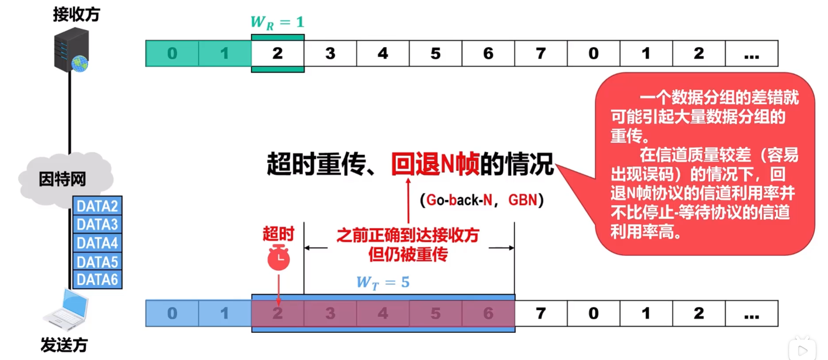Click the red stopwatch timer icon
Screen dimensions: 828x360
[x=278, y=257]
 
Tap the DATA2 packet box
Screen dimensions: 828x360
[x=97, y=206]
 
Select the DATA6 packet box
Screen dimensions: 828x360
[x=97, y=279]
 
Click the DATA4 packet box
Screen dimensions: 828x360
[x=97, y=243]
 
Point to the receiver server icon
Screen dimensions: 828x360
[x=71, y=50]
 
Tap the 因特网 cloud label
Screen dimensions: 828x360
[x=62, y=179]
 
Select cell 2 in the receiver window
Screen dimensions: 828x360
[x=278, y=53]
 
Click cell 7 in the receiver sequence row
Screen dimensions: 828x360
[x=541, y=53]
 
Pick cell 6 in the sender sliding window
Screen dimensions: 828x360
[x=488, y=313]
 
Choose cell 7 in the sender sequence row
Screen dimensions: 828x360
[x=541, y=313]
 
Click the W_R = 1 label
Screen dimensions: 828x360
[x=277, y=23]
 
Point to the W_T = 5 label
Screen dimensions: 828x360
[x=383, y=283]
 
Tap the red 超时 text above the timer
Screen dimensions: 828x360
[x=278, y=234]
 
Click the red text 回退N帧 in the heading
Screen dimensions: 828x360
[x=435, y=164]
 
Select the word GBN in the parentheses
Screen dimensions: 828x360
[x=523, y=200]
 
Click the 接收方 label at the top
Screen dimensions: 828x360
[x=76, y=15]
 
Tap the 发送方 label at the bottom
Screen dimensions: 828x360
[x=64, y=345]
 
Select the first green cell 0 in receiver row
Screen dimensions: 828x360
[x=172, y=53]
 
